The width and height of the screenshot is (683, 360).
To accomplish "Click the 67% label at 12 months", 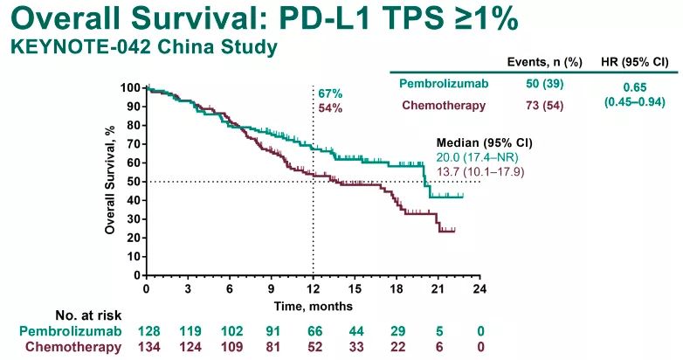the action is [330, 93].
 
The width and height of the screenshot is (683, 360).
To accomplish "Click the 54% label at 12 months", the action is [330, 108].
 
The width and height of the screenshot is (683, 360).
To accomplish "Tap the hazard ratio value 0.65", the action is [635, 87].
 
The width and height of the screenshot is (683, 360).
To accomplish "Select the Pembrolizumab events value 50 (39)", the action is [544, 84].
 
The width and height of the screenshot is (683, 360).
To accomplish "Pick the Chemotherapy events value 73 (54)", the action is [544, 106].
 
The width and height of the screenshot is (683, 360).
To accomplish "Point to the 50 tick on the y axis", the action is [134, 182].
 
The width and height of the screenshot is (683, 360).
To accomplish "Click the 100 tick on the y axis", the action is [131, 88].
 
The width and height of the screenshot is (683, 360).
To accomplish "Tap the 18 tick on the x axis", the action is [397, 288].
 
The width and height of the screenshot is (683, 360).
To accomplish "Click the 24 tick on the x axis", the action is [479, 288].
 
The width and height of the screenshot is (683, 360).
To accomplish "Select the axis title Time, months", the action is [314, 307].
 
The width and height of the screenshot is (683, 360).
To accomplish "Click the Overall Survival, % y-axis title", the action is [110, 180].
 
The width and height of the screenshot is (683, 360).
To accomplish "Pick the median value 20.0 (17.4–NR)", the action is [478, 158].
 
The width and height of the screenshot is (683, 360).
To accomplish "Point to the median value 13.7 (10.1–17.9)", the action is [480, 172].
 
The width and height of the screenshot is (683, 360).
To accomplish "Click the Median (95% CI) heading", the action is [485, 143].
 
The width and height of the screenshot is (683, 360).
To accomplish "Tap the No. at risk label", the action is [88, 315].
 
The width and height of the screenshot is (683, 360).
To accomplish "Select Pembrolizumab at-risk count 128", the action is [149, 331].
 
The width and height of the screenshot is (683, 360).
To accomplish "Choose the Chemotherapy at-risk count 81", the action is [273, 348].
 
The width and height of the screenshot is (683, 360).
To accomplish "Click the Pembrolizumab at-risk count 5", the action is [439, 331].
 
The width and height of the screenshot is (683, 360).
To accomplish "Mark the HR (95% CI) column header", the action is [635, 62].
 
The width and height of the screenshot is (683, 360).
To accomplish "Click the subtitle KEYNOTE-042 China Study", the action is [144, 46].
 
